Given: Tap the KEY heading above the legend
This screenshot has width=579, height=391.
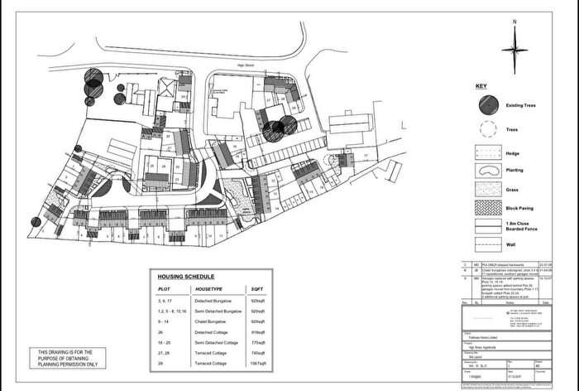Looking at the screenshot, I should (481, 86).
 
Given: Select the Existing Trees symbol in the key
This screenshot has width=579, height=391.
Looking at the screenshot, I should (487, 105).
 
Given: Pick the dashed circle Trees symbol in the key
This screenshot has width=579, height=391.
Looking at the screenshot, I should (487, 129).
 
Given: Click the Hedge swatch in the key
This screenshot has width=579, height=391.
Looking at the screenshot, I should (487, 152).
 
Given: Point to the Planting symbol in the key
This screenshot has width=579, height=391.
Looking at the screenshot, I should (487, 170).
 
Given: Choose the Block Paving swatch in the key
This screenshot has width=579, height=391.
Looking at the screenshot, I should (487, 206).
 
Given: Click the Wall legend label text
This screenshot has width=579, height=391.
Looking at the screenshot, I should (510, 245).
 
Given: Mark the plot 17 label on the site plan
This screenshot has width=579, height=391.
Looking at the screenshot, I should (364, 155).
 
